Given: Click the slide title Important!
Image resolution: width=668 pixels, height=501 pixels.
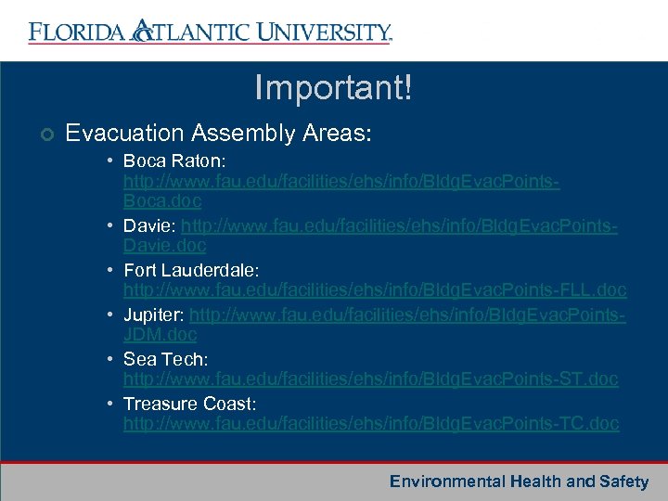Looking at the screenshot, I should [x=333, y=89].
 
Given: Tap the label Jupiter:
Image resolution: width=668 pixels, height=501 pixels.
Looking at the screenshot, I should [x=153, y=316].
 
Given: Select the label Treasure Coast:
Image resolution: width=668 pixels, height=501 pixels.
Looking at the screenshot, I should [x=189, y=405].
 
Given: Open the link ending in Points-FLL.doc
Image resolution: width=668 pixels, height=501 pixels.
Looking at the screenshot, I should [x=375, y=290].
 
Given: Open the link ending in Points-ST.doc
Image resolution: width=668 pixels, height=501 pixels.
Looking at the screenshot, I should [x=371, y=379].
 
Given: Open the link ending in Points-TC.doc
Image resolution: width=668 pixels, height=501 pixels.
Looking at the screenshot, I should [x=371, y=424].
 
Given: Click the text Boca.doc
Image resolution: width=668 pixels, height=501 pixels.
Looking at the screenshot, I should [x=162, y=200].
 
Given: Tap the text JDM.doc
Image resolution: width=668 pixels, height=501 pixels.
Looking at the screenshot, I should [x=161, y=334].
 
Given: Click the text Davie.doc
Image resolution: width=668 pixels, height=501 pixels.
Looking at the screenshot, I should [x=165, y=246].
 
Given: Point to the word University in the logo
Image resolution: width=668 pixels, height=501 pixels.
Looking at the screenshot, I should [x=321, y=32].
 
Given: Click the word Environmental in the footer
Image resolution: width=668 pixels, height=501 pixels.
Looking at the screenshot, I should [x=447, y=482].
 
